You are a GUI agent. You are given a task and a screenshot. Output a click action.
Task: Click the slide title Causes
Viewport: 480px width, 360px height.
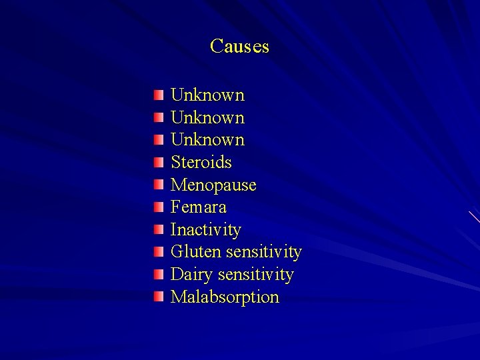239,47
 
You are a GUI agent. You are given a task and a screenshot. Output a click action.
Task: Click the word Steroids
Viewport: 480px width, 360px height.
201,162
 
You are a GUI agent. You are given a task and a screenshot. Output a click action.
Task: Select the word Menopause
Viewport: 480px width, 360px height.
213,185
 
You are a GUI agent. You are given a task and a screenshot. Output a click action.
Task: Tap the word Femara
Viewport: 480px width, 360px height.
199,207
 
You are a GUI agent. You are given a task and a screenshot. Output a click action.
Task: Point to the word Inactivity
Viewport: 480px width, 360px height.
206,230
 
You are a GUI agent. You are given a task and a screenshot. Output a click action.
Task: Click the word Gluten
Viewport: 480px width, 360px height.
196,252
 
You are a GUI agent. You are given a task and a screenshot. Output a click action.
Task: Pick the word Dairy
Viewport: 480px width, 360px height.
191,275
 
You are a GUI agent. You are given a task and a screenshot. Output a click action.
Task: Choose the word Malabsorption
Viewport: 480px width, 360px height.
225,297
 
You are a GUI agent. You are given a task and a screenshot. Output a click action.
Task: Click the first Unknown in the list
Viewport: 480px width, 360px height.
207,95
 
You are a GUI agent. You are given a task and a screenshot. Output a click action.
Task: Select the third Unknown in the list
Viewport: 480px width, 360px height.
207,140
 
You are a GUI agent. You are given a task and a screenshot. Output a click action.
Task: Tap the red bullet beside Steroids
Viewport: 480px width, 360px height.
157,161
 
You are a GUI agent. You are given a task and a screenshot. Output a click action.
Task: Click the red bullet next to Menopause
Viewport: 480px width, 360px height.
157,184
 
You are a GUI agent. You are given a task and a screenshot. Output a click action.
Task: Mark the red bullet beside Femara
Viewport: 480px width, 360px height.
157,207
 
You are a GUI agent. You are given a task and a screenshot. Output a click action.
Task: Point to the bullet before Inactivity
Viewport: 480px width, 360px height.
157,229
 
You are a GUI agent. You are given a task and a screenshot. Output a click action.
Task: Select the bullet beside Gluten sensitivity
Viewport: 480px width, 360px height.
157,251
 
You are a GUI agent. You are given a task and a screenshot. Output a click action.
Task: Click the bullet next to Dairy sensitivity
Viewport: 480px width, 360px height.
157,274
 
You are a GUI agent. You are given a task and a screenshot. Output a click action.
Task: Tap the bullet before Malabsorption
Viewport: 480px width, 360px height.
157,297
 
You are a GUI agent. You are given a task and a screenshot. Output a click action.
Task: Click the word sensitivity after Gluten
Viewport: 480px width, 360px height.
264,252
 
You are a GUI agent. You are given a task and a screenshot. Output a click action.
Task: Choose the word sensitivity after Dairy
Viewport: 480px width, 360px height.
255,275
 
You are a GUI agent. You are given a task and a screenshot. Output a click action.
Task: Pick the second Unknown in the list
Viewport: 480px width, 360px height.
207,117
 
